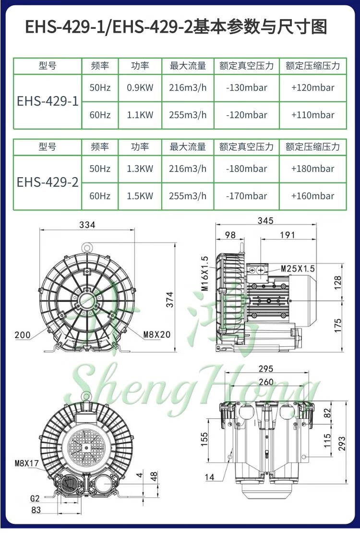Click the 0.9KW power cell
pyautogui.click(x=140, y=88)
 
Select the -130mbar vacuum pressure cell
pyautogui.click(x=247, y=88)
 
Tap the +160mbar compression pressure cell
pyautogui.click(x=313, y=196)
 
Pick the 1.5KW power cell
pyautogui.click(x=140, y=196)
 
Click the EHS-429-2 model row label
pyautogui.click(x=48, y=182)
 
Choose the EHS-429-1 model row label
pyautogui.click(x=48, y=101)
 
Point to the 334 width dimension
pyautogui.click(x=87, y=225)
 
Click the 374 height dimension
pyautogui.click(x=169, y=300)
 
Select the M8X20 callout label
pyautogui.click(x=156, y=335)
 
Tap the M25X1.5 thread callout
pyautogui.click(x=298, y=269)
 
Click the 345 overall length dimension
pyautogui.click(x=265, y=220)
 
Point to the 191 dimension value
pyautogui.click(x=288, y=235)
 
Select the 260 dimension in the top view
pyautogui.click(x=266, y=382)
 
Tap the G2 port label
pyautogui.click(x=35, y=498)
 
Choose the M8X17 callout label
pyautogui.click(x=27, y=463)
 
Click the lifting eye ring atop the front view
pyautogui.click(x=87, y=246)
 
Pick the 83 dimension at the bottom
pyautogui.click(x=36, y=510)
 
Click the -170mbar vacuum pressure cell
pyautogui.click(x=247, y=196)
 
